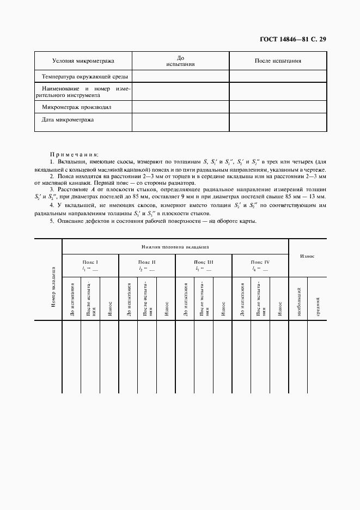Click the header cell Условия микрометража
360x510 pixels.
(83, 60)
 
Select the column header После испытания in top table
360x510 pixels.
(278, 60)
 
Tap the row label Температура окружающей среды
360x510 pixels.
(83, 76)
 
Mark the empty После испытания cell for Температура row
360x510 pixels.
(278, 76)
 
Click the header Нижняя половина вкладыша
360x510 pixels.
(175, 247)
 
